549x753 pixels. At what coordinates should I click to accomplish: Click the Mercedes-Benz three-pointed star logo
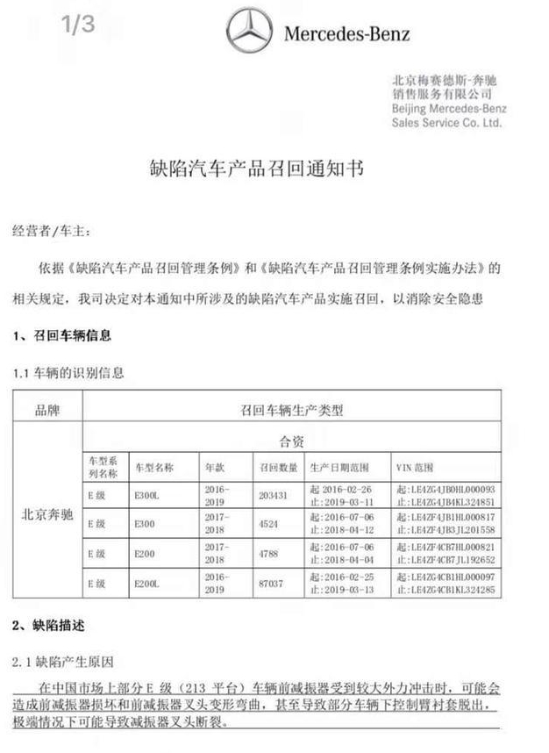[250, 32]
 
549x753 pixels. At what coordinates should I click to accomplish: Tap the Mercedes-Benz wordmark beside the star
[346, 34]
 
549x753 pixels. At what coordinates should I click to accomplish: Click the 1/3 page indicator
[78, 25]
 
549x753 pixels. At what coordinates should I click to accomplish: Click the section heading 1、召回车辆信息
[61, 335]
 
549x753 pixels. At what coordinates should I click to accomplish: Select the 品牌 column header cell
[47, 409]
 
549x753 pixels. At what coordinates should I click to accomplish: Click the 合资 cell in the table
[291, 438]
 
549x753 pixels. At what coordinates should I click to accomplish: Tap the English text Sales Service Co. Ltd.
[446, 124]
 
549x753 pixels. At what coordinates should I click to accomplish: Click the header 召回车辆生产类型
[291, 409]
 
